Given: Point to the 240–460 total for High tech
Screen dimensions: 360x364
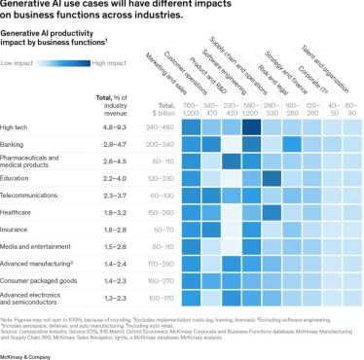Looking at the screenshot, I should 162,126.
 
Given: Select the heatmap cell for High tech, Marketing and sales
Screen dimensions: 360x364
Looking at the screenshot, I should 190,126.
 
